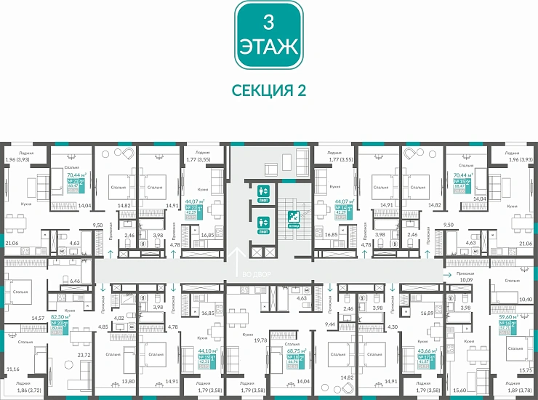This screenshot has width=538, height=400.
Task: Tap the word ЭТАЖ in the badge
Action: [x=268, y=48]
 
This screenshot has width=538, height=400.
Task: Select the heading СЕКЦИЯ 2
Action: [x=268, y=89]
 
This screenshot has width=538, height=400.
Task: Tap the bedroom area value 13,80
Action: [x=107, y=382]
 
